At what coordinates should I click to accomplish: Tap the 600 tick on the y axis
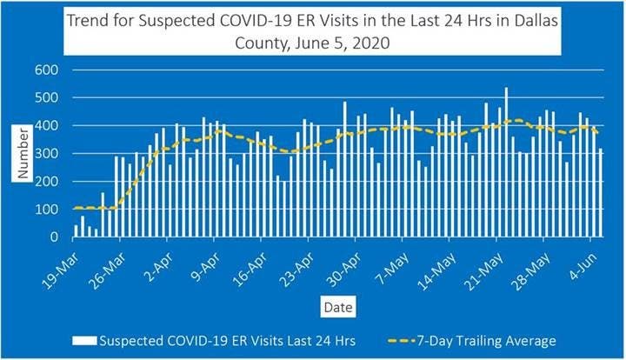(47, 70)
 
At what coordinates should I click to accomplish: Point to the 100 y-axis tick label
(47, 209)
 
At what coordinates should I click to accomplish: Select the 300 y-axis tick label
(47, 154)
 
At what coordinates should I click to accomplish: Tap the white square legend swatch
(86, 340)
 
